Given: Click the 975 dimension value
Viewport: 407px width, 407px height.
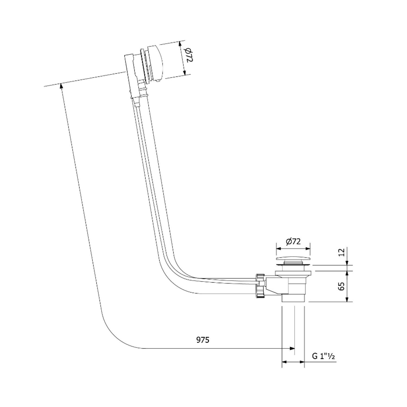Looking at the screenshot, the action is coord(203,340).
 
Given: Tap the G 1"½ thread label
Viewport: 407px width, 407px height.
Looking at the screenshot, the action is coord(323,356).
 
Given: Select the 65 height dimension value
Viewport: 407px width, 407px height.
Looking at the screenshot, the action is coord(342,286).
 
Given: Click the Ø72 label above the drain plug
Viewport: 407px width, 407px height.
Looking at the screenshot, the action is coord(293,241).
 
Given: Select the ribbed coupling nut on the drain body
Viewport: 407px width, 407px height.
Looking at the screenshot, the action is coord(260,286).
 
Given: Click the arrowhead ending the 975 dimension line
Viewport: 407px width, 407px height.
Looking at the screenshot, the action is coord(292,348).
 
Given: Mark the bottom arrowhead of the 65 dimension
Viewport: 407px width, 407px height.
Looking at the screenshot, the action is coord(347,299).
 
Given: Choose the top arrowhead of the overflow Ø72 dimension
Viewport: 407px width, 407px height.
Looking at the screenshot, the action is coord(180,43).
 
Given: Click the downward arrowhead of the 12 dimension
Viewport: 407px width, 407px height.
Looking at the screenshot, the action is coord(347,263).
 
